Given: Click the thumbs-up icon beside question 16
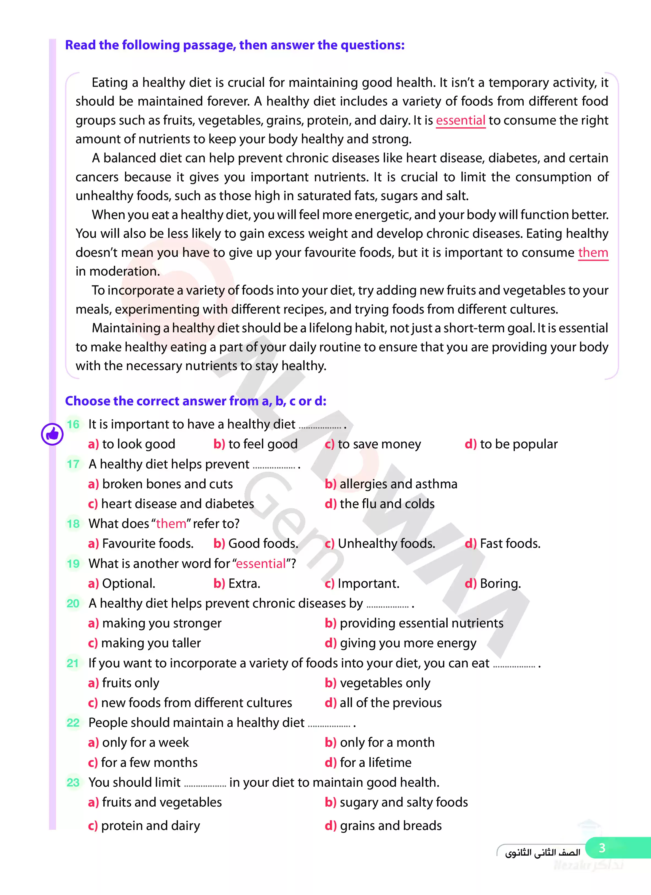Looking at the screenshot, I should (x=52, y=434).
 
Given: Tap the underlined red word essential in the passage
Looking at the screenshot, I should (x=460, y=120).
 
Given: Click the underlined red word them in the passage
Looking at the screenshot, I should (x=593, y=253).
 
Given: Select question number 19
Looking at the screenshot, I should (x=73, y=564).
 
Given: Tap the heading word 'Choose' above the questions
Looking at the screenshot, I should (x=88, y=401).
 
